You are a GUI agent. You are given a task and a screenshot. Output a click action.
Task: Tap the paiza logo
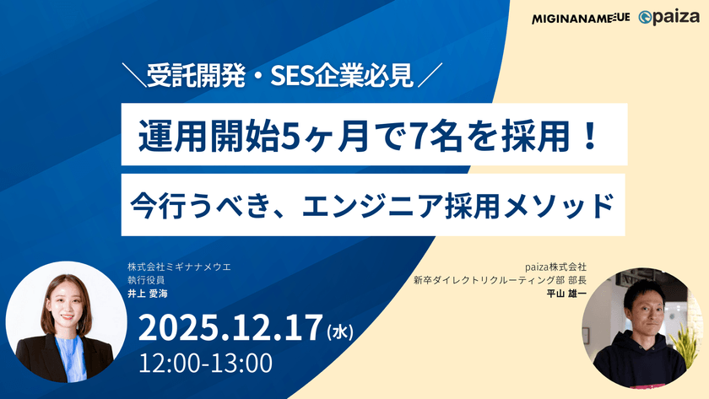(669, 18)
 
